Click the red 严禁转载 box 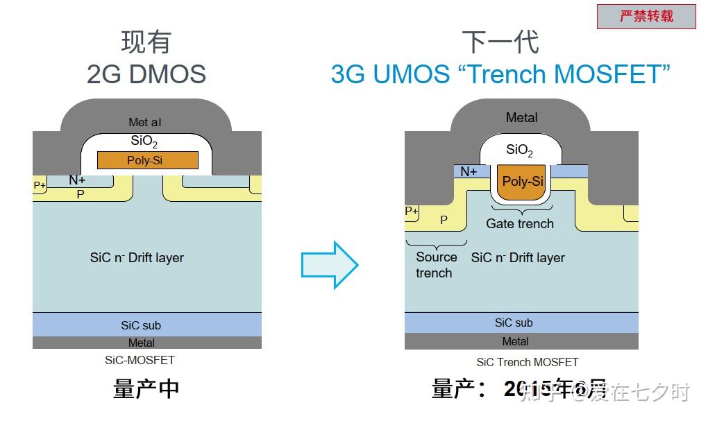pos(646,17)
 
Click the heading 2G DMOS pos(146,74)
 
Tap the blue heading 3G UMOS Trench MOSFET pos(500,74)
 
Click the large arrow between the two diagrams pos(330,264)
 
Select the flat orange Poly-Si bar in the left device pos(148,160)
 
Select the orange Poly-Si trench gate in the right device pos(522,182)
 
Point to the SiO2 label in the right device pos(519,150)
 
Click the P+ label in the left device pos(40,186)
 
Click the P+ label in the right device pos(412,211)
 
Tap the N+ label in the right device pos(469,171)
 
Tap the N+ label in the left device pos(77,180)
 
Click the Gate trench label pos(520,223)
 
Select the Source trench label pos(436,265)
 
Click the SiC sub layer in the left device pos(146,325)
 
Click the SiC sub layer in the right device pos(521,323)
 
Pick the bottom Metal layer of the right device pos(521,341)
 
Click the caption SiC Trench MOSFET pos(527,362)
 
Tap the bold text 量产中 pos(146,389)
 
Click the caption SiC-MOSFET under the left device pos(140,360)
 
